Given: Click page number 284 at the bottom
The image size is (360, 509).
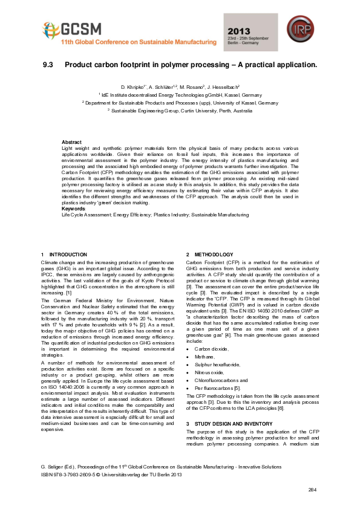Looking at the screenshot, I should pyautogui.click(x=312, y=489).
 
